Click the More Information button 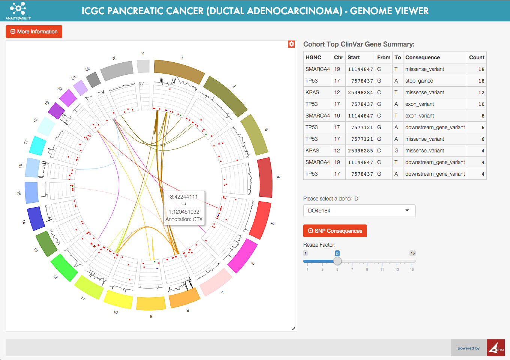(34, 32)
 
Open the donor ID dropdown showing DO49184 (359, 211)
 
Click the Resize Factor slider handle (337, 261)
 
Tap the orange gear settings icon (291, 44)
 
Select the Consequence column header (422, 57)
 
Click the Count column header (476, 57)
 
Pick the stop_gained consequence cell (419, 81)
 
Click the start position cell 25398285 (360, 151)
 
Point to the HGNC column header (313, 57)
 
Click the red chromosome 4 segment (265, 178)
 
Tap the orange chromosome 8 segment (184, 298)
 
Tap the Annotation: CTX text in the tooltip (184, 219)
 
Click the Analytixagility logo (18, 11)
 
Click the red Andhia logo (495, 348)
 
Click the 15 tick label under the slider (412, 269)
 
